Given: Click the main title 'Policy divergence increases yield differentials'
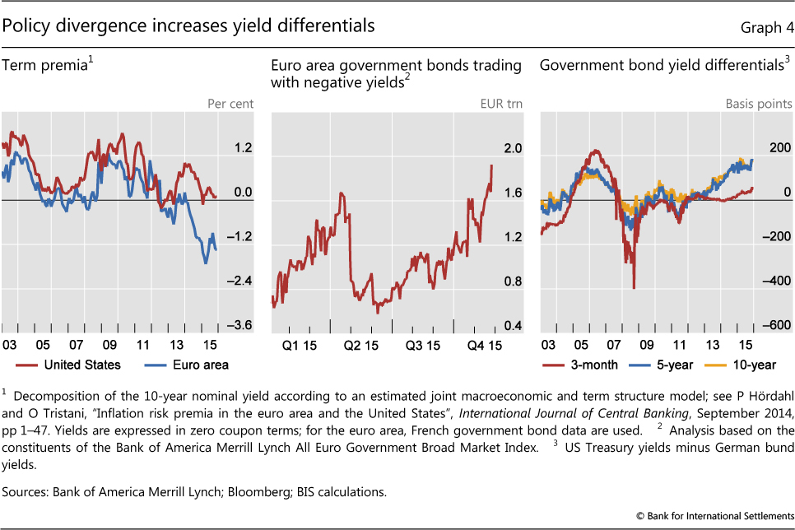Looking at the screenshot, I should [x=188, y=26].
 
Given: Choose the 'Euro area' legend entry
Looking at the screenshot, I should [x=199, y=364].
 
